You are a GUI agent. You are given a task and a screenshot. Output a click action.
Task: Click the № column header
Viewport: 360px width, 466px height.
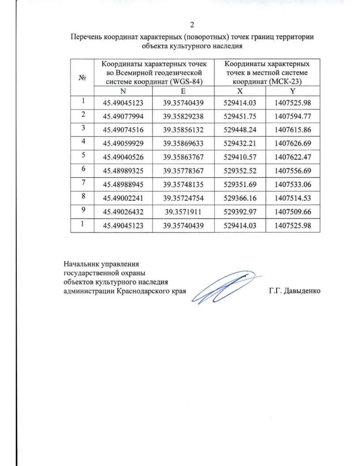(82, 77)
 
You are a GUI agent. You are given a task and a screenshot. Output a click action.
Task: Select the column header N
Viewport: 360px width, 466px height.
(123, 91)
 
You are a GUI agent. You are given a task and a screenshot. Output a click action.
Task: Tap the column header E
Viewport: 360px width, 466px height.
(183, 91)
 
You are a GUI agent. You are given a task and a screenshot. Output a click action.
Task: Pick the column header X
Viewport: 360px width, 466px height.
(240, 91)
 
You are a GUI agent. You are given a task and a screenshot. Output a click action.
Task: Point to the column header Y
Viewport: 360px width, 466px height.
(293, 91)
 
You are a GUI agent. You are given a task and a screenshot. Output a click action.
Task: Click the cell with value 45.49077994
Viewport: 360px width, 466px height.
(123, 116)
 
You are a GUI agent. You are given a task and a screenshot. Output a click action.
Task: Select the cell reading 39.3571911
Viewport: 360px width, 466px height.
(183, 212)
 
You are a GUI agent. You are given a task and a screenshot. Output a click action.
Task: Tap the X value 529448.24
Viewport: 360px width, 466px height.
(240, 130)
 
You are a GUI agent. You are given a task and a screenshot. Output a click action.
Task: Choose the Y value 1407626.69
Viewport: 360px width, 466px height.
(293, 143)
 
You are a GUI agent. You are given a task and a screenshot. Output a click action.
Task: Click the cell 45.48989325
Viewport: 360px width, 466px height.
(123, 171)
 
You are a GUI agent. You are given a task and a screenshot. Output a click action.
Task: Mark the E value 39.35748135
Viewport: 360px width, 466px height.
(183, 185)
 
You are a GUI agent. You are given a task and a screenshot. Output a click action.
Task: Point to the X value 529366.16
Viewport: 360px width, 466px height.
(240, 198)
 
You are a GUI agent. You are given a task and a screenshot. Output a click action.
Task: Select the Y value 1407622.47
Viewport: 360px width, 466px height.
(293, 157)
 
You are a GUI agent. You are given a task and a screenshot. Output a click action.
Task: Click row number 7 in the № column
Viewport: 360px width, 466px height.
(83, 182)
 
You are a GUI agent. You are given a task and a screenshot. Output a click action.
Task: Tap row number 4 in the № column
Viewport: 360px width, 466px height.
(83, 141)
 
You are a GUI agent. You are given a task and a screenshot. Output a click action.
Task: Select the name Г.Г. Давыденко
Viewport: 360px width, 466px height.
(294, 291)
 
